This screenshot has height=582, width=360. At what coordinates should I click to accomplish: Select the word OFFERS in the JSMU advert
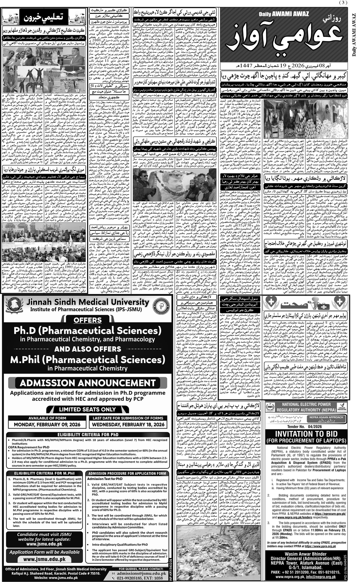(87, 320)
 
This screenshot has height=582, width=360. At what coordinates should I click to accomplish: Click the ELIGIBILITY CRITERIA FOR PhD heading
(87, 435)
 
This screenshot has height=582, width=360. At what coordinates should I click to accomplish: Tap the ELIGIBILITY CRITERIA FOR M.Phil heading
(44, 473)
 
